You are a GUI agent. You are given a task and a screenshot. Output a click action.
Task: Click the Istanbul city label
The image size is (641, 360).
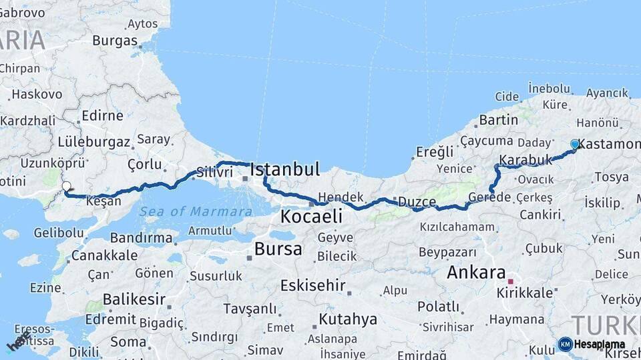point(285,169)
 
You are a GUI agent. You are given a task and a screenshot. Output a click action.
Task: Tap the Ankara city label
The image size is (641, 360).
point(476,272)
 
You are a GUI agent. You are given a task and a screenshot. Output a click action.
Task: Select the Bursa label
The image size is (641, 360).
point(278,249)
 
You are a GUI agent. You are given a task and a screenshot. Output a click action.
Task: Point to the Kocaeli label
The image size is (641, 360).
point(311,216)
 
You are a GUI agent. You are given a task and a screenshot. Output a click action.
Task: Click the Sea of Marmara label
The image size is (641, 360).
point(196,212)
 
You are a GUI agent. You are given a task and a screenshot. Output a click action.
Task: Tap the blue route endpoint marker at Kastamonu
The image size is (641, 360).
point(575,144)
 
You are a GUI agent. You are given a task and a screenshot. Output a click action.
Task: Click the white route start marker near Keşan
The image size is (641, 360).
point(66,187)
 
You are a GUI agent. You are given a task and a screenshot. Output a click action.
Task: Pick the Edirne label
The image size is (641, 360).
point(102,115)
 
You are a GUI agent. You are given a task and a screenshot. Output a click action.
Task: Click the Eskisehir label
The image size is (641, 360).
point(312,285)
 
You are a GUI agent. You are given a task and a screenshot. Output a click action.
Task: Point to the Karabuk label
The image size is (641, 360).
point(525,160)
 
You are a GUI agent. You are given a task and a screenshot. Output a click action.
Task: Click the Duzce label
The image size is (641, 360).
point(417,201)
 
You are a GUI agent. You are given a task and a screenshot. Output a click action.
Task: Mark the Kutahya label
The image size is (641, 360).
point(348,319)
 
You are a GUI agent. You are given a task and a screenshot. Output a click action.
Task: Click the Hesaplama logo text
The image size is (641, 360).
point(599,344)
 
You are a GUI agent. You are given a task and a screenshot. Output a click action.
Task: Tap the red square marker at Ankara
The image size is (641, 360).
point(511,281)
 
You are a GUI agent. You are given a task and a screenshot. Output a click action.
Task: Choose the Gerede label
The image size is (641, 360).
point(489,197)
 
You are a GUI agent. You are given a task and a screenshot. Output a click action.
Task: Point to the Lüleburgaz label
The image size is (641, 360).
point(95,141)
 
